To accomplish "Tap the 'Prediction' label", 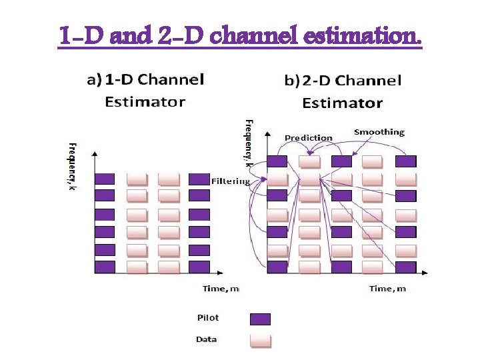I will point(308,138).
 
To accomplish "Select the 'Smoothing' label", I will point(379,132).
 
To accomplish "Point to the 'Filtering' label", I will point(231,181).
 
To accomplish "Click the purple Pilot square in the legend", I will point(260,319).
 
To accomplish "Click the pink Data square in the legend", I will point(260,340).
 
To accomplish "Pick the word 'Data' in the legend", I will point(207,339).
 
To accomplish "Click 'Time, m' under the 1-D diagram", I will point(221,289).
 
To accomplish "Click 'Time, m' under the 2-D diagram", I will point(388,289).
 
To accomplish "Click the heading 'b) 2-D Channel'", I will point(343,81).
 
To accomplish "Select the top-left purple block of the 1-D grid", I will point(105,179).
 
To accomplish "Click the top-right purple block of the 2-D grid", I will point(405,161).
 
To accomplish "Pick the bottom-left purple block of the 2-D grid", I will point(277,267).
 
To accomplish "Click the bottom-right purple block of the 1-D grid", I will point(199,267).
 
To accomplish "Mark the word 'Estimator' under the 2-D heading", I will point(342,103).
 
